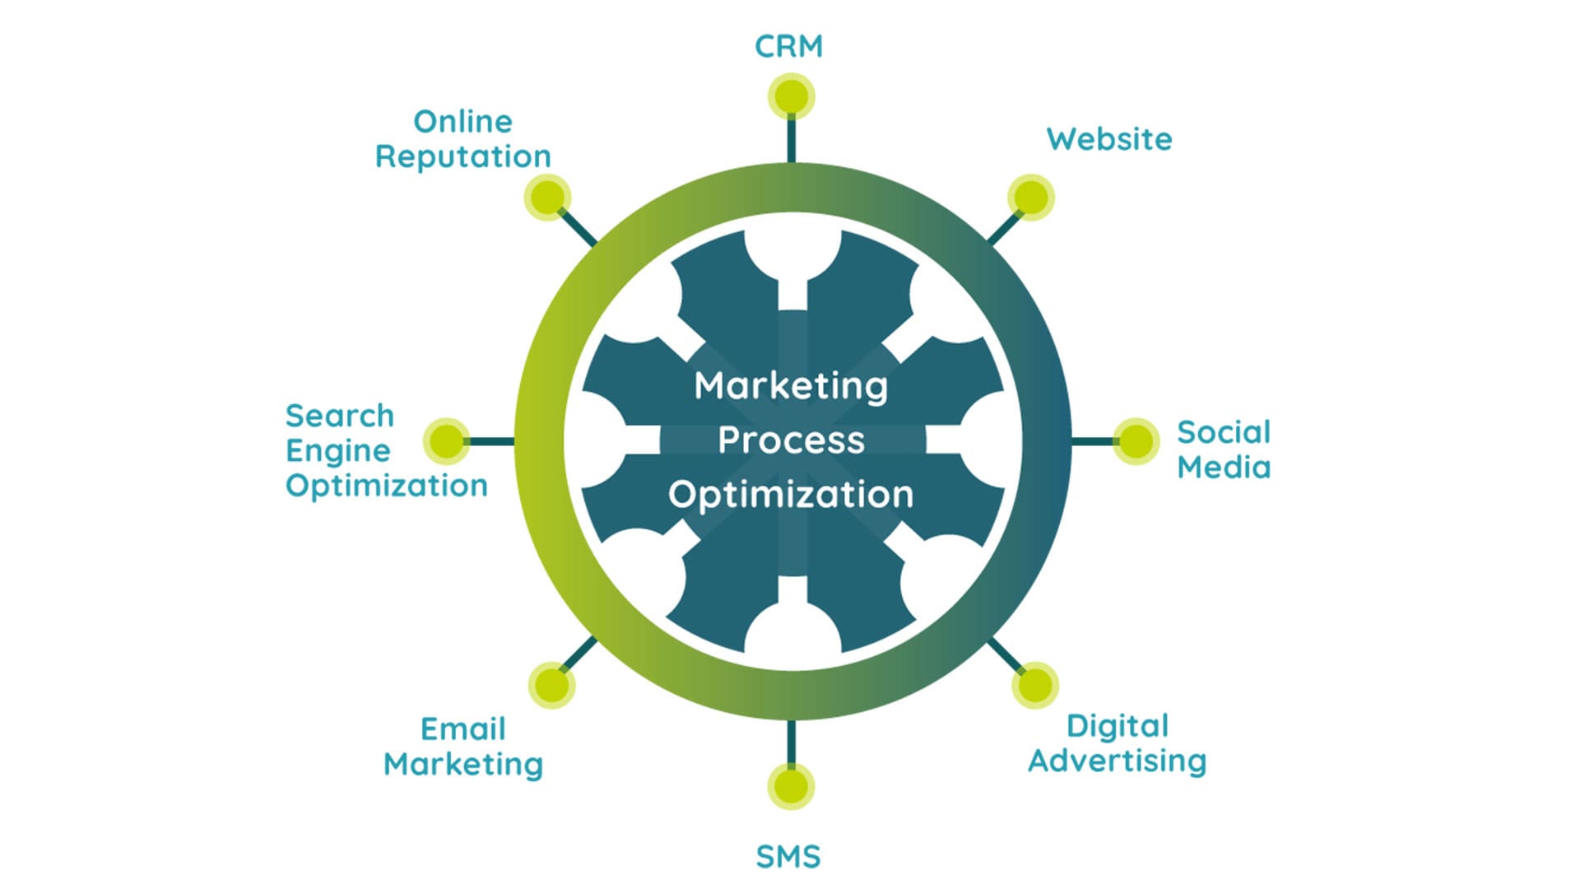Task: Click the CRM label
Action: coord(788,46)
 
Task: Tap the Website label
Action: coord(1108,139)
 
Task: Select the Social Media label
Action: coord(1223,449)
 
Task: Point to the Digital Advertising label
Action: coord(1117,743)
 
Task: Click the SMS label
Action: coord(788,857)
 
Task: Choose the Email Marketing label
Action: coord(462,747)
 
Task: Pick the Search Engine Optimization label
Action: coord(386,450)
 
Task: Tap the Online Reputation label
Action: coord(462,139)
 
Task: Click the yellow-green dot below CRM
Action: coord(791,96)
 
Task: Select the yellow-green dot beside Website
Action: coord(1031,198)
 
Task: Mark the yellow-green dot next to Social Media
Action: coord(1136,441)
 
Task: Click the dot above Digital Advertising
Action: coord(1034,685)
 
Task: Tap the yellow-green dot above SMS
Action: coord(791,786)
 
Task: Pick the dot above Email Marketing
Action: coord(551,685)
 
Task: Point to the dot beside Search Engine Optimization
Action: coord(447,441)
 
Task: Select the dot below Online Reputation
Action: coord(547,198)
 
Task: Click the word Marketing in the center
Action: coord(791,385)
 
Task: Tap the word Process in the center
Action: coord(791,440)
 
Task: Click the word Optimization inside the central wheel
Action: coord(791,495)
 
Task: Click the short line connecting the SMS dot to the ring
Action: coord(791,743)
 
